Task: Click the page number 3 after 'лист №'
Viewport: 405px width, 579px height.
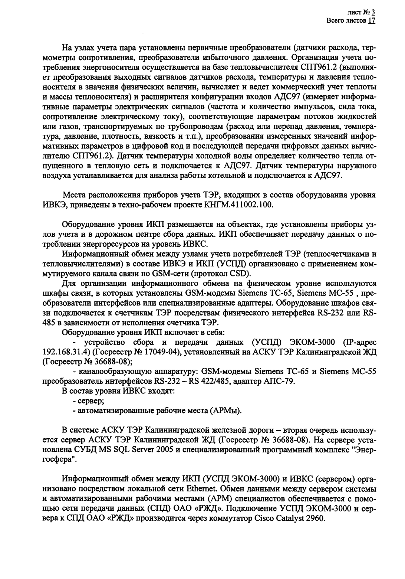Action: (x=373, y=12)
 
